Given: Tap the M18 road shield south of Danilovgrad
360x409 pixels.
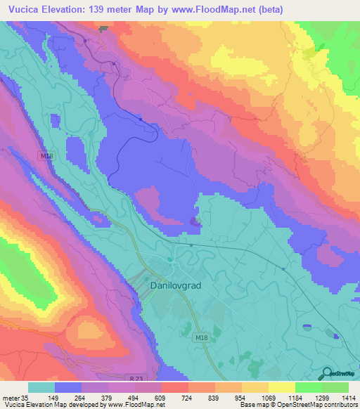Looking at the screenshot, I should [x=200, y=338].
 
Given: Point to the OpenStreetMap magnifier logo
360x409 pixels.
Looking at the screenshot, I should [x=326, y=374].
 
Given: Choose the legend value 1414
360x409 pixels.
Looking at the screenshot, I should [x=348, y=396].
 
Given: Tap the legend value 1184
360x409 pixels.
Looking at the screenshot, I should [x=295, y=396].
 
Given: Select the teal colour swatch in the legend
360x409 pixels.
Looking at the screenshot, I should [x=41, y=387].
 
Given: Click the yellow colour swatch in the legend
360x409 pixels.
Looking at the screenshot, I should [x=255, y=387].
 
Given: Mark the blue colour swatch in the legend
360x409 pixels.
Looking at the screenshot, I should [x=68, y=387].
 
